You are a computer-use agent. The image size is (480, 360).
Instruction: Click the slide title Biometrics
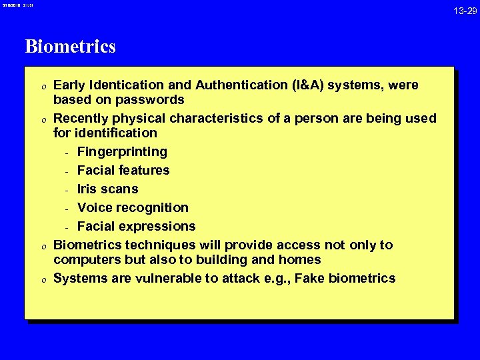(x=70, y=47)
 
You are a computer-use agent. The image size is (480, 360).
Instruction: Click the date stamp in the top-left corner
(x=18, y=5)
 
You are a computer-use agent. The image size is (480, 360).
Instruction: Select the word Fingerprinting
(x=122, y=152)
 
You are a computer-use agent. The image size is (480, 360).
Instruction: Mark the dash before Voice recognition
(x=67, y=208)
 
